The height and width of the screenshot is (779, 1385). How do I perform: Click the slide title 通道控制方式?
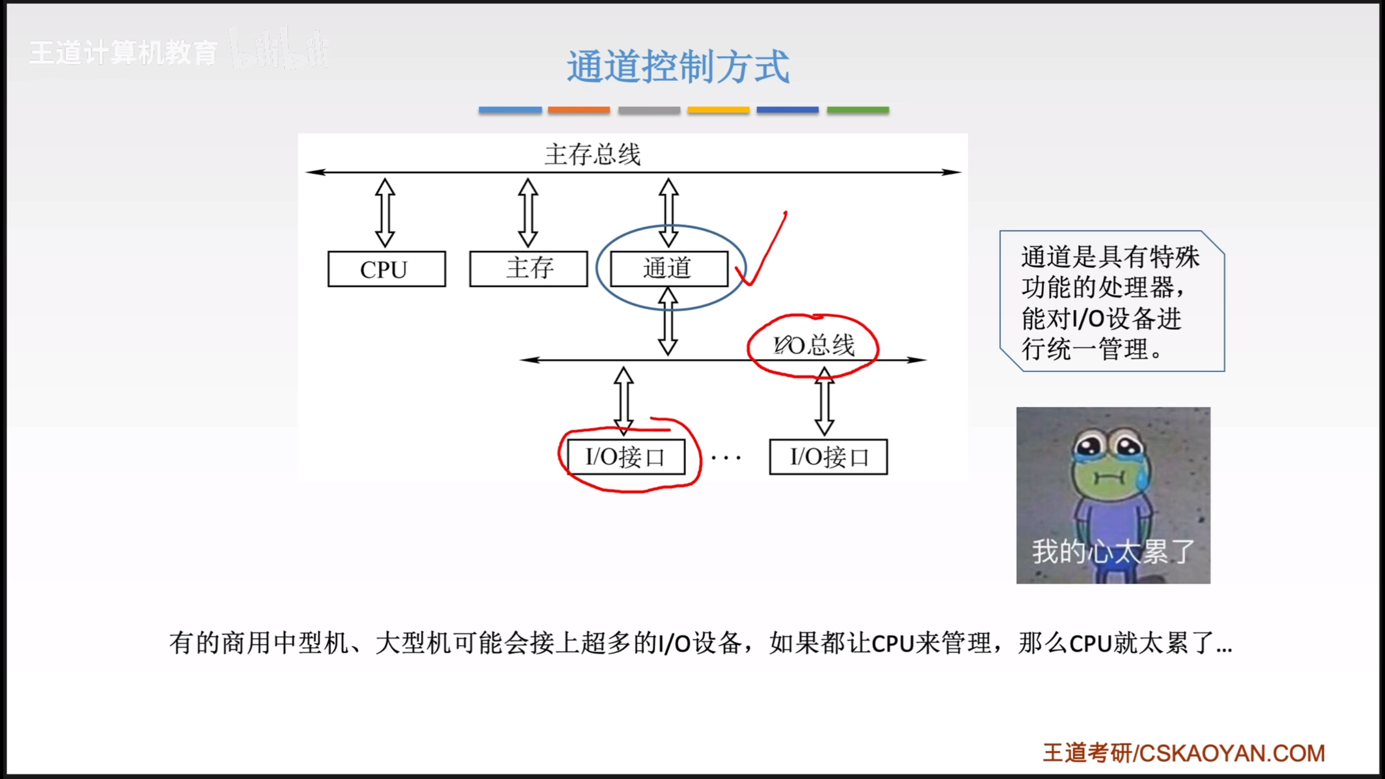click(x=678, y=67)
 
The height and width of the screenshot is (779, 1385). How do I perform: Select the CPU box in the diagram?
click(x=386, y=269)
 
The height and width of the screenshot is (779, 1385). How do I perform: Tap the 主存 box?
click(x=529, y=269)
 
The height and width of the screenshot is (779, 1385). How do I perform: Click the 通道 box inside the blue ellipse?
click(x=669, y=269)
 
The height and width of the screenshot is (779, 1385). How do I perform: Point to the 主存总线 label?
click(x=592, y=155)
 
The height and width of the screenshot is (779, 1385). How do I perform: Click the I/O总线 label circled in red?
click(x=814, y=345)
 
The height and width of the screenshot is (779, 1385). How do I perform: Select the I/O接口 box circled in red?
click(x=626, y=457)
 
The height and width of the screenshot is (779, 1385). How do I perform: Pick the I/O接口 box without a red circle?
click(x=828, y=457)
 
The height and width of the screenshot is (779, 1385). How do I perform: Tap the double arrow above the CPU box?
click(x=385, y=213)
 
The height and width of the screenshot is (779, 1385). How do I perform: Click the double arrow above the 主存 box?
click(x=528, y=213)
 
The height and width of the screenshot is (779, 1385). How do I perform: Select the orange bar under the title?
click(x=578, y=110)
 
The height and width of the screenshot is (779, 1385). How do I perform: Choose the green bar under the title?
click(x=858, y=110)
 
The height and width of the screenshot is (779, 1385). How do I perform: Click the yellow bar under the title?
click(x=718, y=110)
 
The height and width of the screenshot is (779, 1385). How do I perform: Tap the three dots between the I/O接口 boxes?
click(x=726, y=458)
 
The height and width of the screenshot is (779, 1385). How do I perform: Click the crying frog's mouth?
click(x=1109, y=478)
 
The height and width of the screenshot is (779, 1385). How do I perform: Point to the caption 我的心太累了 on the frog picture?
click(x=1113, y=552)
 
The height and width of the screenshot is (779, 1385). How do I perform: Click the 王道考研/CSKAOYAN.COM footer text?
click(x=1184, y=753)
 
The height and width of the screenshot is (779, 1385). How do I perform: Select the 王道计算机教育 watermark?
click(x=123, y=53)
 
